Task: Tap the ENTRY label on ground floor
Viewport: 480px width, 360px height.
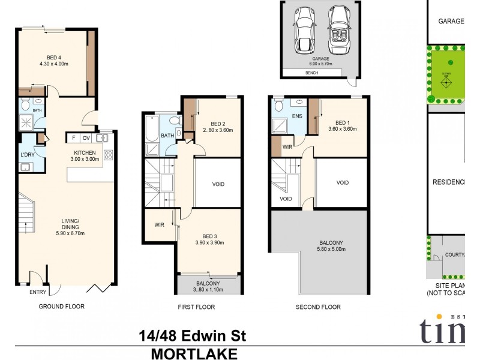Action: tap(37, 292)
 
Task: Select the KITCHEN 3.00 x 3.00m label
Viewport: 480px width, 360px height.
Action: tap(87, 157)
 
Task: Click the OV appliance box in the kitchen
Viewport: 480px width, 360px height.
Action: tap(86, 138)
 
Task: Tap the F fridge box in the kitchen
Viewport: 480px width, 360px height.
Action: tap(73, 138)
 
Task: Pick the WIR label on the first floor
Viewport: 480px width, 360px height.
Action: tap(159, 226)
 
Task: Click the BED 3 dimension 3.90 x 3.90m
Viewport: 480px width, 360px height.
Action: tap(209, 243)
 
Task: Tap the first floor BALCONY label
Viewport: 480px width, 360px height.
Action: tap(208, 283)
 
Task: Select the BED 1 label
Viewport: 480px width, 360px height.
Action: tap(343, 121)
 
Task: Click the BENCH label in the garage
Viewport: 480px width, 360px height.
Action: tap(311, 73)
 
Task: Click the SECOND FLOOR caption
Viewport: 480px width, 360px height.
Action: tap(318, 307)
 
